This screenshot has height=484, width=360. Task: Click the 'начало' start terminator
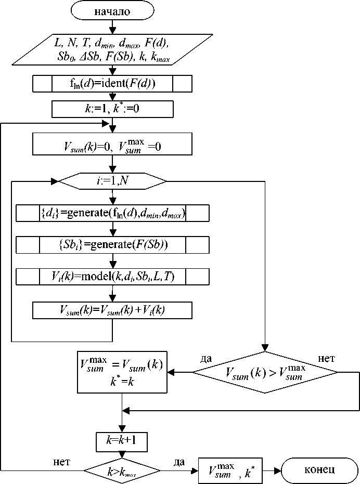tap(113, 10)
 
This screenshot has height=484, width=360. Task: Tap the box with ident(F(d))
tap(113, 83)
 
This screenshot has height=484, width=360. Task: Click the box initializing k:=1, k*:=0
tap(113, 109)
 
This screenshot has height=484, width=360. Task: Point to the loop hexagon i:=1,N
tap(113, 181)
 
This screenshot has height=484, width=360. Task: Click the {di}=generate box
tap(113, 213)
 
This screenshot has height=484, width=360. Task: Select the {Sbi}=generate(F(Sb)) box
tap(113, 244)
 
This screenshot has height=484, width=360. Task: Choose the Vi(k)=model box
tap(113, 277)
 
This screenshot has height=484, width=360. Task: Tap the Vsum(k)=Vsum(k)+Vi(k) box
tap(113, 310)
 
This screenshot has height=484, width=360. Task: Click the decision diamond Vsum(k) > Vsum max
tap(265, 372)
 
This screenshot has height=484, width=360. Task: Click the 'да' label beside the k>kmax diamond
tap(179, 462)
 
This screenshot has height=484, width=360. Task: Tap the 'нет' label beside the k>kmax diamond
tap(63, 462)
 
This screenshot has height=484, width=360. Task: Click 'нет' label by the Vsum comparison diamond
tap(326, 358)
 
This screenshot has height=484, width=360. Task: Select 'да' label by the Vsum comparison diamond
tap(207, 358)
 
